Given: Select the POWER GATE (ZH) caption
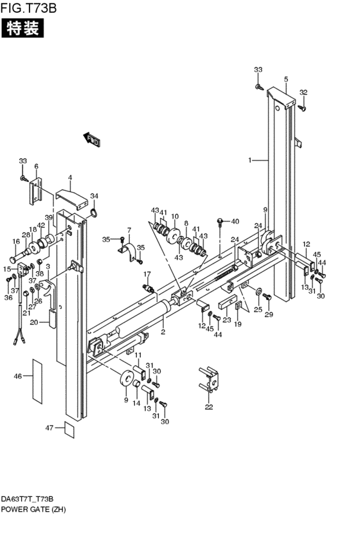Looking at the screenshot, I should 33,509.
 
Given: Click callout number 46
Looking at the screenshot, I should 18,377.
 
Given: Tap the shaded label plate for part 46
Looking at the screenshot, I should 37,380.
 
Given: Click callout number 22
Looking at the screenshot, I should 208,407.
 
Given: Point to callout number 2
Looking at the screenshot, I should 163,332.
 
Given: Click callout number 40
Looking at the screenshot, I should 235,222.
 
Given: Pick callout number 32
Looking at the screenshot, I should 303,92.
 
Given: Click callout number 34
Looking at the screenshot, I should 94,196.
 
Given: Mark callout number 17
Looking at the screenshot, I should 147,274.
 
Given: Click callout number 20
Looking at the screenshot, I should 34,322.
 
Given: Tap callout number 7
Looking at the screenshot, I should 129,230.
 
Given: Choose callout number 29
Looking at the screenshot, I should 269,314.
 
